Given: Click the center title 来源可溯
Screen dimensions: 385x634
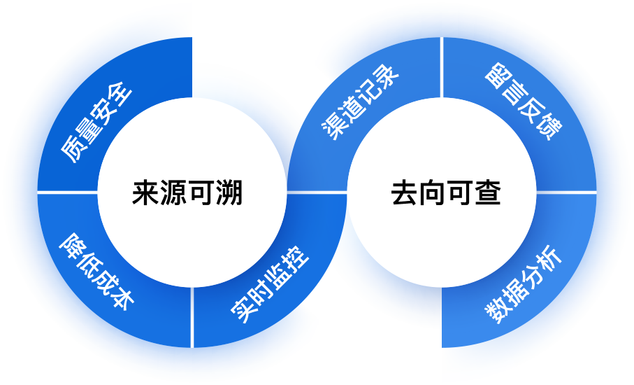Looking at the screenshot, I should coord(187,192).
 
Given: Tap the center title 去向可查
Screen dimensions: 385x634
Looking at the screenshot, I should coord(446,192).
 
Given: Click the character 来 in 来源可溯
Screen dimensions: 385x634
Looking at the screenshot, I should coord(145,192).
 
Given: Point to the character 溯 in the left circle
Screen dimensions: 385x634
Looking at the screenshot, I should coord(229,192).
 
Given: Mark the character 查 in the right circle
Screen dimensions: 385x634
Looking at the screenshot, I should coord(488,192).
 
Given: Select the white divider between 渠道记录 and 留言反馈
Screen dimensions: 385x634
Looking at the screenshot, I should coord(442,67).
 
